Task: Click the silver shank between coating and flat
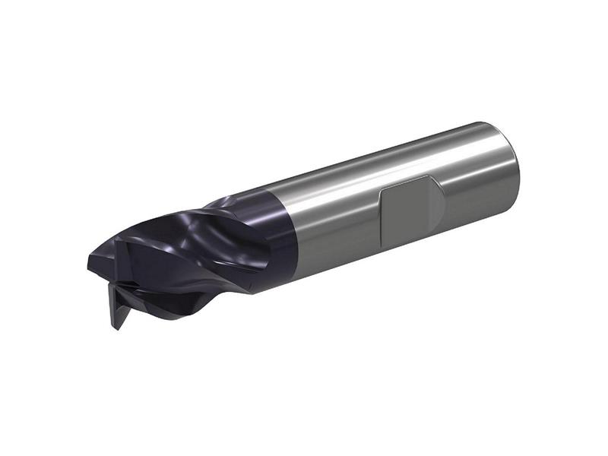(334, 217)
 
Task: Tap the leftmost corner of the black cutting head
(89, 266)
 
